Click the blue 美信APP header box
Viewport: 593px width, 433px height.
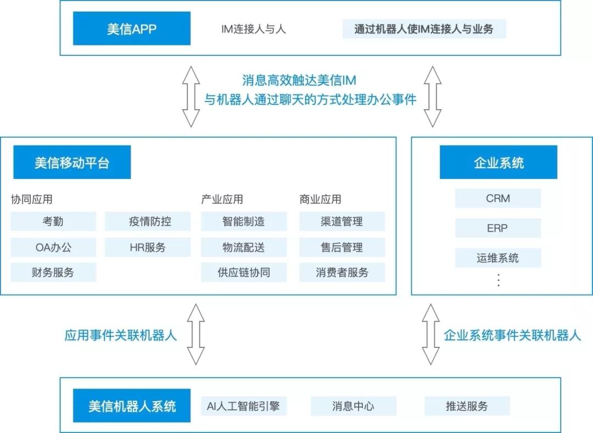click(x=132, y=29)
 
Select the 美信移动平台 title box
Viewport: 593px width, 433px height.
click(x=72, y=162)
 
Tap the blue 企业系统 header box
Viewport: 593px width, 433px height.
click(x=498, y=162)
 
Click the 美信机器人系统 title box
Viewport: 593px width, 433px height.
click(x=132, y=406)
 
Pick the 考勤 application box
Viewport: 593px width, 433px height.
click(x=53, y=222)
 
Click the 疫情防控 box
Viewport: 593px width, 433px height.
click(x=148, y=222)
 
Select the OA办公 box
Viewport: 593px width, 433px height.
click(x=53, y=248)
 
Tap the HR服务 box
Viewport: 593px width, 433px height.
click(x=148, y=248)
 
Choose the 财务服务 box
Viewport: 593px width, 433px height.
click(x=53, y=273)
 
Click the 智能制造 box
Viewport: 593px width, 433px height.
click(x=244, y=222)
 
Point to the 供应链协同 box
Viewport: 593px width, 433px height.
click(x=244, y=273)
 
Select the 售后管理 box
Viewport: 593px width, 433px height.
click(x=342, y=248)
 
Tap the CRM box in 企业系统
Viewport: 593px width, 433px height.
click(x=498, y=199)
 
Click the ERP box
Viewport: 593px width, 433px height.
click(x=498, y=228)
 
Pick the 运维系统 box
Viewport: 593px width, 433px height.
click(x=498, y=258)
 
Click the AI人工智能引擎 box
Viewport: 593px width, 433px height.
click(x=244, y=406)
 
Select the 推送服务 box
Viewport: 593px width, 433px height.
click(x=467, y=406)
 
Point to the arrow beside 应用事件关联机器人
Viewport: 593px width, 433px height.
click(x=195, y=335)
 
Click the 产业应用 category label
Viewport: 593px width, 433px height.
click(x=222, y=199)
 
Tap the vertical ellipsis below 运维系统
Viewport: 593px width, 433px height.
click(x=499, y=280)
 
